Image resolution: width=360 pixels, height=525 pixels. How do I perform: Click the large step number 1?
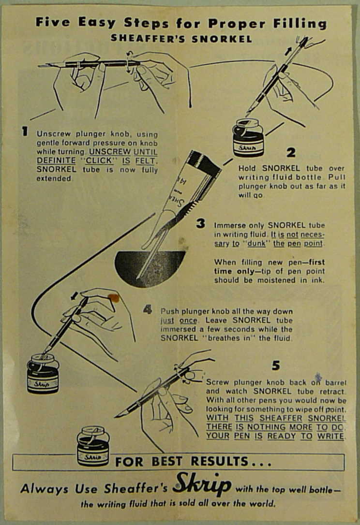(24, 131)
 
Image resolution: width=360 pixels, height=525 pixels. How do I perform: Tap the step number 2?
(290, 153)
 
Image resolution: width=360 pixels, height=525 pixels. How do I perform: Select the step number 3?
(200, 223)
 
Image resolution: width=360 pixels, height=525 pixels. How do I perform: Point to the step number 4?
(148, 310)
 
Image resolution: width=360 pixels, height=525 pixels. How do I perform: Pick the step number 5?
(275, 365)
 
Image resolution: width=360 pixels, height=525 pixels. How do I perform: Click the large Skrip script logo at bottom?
(202, 485)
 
